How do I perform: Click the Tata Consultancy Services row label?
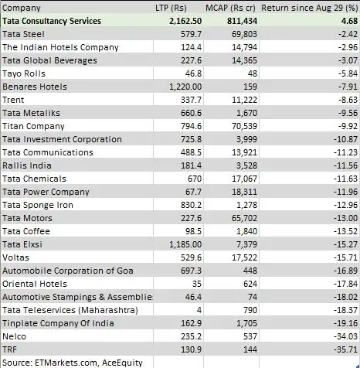point(58,22)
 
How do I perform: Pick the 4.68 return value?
point(345,22)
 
